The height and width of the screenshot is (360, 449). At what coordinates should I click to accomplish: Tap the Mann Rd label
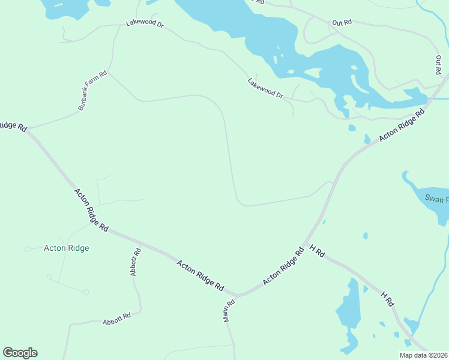coord(228,311)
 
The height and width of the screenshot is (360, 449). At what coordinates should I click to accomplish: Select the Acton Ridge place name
coord(67,248)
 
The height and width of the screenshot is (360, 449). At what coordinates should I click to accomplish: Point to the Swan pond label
coord(436,198)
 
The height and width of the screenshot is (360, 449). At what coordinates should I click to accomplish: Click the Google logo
coord(20,353)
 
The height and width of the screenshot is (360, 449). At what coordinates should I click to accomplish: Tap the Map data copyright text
coord(423,355)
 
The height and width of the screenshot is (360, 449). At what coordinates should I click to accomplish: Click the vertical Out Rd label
coord(439,65)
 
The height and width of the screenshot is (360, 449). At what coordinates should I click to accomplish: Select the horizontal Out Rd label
coord(342,23)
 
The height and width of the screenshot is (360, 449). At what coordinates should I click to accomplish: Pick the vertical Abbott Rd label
coord(135,262)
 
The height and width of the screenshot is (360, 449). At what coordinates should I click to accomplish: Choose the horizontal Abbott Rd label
coord(116,318)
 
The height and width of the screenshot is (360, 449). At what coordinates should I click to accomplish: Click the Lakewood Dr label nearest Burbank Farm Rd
coord(145,23)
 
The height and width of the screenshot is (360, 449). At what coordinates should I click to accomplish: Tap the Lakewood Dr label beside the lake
coord(265,88)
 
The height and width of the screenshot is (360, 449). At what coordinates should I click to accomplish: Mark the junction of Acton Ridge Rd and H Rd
coord(307,244)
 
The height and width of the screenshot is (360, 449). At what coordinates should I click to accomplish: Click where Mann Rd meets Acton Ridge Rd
coord(235,296)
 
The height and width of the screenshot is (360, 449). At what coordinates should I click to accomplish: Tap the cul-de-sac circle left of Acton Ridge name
coord(28,249)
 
